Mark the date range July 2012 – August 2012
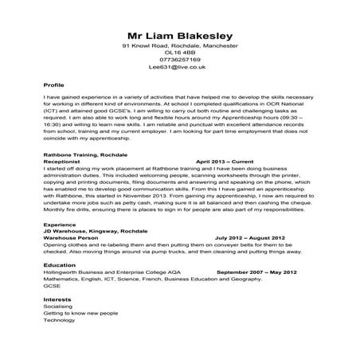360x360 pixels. click(x=249, y=237)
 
